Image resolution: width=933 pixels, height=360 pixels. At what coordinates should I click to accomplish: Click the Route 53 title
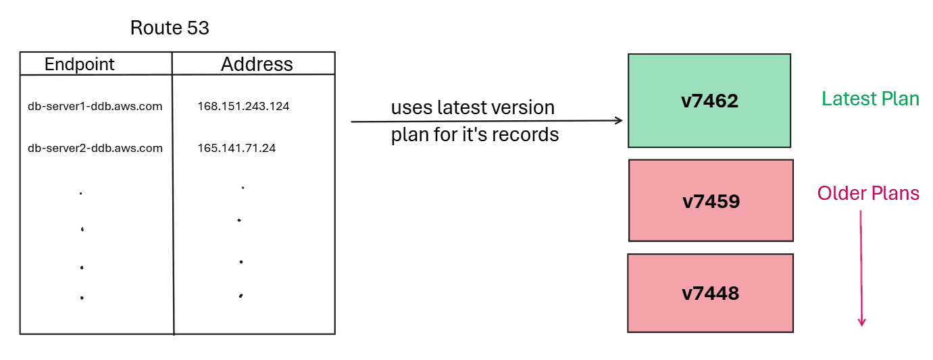170,28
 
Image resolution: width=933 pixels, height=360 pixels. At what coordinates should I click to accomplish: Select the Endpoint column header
80,64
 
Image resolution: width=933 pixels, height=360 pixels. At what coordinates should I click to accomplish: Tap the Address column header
257,64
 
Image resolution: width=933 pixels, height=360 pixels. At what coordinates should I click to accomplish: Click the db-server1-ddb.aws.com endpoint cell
95,106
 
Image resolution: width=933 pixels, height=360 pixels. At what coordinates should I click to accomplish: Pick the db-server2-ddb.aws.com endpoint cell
95,148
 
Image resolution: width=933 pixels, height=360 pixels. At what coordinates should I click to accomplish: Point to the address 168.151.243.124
243,106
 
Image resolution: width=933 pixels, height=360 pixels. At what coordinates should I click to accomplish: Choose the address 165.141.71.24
236,148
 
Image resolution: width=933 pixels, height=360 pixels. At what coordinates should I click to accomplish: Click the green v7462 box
709,101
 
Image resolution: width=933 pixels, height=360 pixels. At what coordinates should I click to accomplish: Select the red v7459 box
711,201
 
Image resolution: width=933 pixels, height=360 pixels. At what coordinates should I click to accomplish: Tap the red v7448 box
710,293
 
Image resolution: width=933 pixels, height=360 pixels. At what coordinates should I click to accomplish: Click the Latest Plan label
870,99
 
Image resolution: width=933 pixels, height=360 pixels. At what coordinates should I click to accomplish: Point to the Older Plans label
868,194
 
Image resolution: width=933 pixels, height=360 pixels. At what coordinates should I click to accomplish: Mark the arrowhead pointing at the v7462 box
618,121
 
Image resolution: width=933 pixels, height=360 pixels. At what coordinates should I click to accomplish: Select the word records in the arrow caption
528,134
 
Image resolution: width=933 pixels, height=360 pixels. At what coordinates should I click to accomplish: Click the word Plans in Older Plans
894,194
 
